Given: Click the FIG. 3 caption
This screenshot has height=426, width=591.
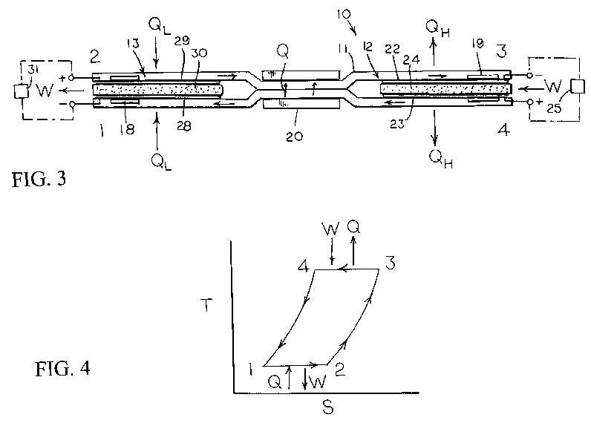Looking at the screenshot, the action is [x=39, y=180].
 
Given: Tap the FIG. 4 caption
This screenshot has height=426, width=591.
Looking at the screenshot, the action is [x=62, y=368].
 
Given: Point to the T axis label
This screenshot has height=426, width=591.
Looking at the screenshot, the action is [x=206, y=305].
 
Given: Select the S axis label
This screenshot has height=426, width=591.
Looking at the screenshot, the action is [x=328, y=407].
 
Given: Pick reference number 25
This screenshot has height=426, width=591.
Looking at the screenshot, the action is [x=554, y=108].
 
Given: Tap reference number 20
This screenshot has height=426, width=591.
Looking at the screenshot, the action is [x=294, y=136].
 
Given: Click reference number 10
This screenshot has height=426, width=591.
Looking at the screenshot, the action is [x=343, y=14].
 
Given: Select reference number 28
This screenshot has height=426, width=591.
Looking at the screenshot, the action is [x=183, y=125].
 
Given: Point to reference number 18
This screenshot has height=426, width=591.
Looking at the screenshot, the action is [x=127, y=130].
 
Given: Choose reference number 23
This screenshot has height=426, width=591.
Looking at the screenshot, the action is [x=397, y=124].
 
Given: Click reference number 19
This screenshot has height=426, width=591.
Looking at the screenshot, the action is [x=477, y=45].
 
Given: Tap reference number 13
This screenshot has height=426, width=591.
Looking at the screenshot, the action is [x=133, y=44].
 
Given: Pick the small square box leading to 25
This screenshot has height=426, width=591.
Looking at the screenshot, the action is [x=578, y=86].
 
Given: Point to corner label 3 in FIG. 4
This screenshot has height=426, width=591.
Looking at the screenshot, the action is [x=390, y=263].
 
